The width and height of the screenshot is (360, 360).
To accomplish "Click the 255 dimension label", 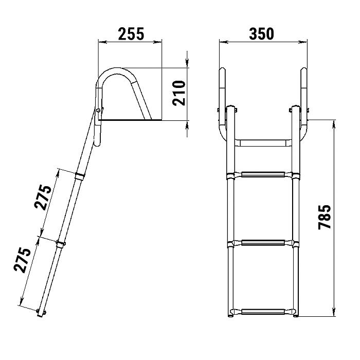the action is point(131,34).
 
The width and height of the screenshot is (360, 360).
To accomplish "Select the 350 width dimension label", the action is point(261,34).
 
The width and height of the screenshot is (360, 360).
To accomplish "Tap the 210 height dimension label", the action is point(179,93).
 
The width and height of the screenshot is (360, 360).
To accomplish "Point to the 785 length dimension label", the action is point(325,217).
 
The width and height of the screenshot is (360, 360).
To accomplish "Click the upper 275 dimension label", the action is point(43,197).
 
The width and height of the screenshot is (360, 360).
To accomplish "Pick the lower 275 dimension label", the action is point(22,260).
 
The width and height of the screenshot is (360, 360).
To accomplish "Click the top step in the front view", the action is point(263,175).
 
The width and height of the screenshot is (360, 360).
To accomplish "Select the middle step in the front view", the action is point(263,243).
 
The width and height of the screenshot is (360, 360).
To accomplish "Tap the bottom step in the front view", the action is point(263,312).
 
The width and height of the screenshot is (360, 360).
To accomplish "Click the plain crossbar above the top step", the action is point(263,142).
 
